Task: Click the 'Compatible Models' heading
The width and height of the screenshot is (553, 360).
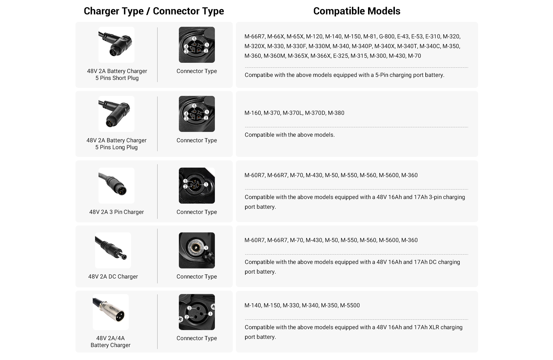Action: coord(357,11)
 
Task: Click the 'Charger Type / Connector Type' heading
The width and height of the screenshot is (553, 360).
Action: coord(154,11)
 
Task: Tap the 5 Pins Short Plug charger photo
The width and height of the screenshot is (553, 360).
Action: coord(116,45)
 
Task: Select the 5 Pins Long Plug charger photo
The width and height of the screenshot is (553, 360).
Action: coord(116,114)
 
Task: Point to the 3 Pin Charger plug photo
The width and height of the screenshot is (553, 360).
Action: coord(116,185)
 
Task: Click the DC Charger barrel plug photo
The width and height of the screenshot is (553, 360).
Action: coord(113,250)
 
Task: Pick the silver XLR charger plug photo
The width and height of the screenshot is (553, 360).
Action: coord(111,312)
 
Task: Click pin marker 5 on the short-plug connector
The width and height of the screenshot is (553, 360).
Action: coord(194,39)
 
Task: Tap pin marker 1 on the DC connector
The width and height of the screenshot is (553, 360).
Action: coord(206,248)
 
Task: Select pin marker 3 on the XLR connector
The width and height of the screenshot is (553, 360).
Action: coord(189,308)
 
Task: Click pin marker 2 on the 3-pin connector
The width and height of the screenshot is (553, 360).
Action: coord(185,187)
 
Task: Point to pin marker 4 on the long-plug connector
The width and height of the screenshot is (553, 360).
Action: coord(186,114)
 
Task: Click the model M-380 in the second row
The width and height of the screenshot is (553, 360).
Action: coord(336,113)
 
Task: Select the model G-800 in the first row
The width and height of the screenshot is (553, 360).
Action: coord(387,37)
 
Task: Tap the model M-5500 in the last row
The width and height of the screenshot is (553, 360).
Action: coord(350,305)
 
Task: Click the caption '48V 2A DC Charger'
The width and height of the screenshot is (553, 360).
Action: coord(113,276)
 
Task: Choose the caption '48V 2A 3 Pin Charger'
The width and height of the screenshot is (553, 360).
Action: coord(116,212)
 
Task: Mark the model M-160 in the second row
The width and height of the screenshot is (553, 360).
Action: coord(253,113)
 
